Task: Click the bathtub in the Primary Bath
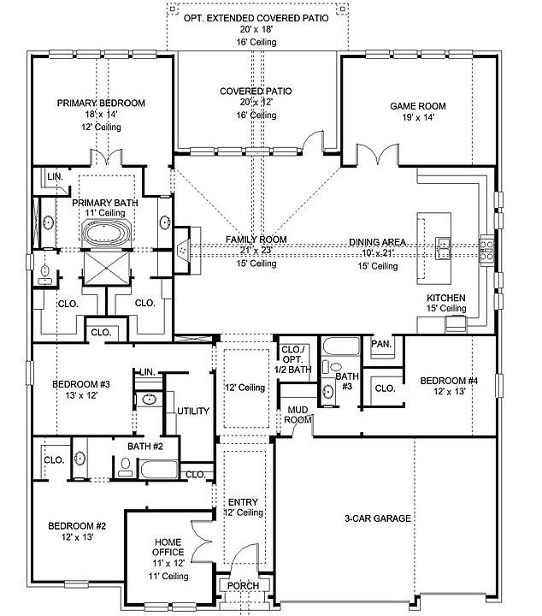106,233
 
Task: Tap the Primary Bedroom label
101,103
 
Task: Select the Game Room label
417,106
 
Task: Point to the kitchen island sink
443,248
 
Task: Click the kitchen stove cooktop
487,250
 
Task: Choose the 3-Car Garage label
378,518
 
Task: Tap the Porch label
243,586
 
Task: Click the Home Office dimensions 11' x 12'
168,563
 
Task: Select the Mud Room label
298,415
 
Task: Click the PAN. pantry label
381,344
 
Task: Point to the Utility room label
193,411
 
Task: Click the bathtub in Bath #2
158,470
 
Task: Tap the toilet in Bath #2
126,467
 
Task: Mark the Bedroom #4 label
449,381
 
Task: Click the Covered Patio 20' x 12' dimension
256,102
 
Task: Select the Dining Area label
377,242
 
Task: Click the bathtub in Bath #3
341,346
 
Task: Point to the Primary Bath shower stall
106,269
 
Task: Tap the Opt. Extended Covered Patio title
256,18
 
